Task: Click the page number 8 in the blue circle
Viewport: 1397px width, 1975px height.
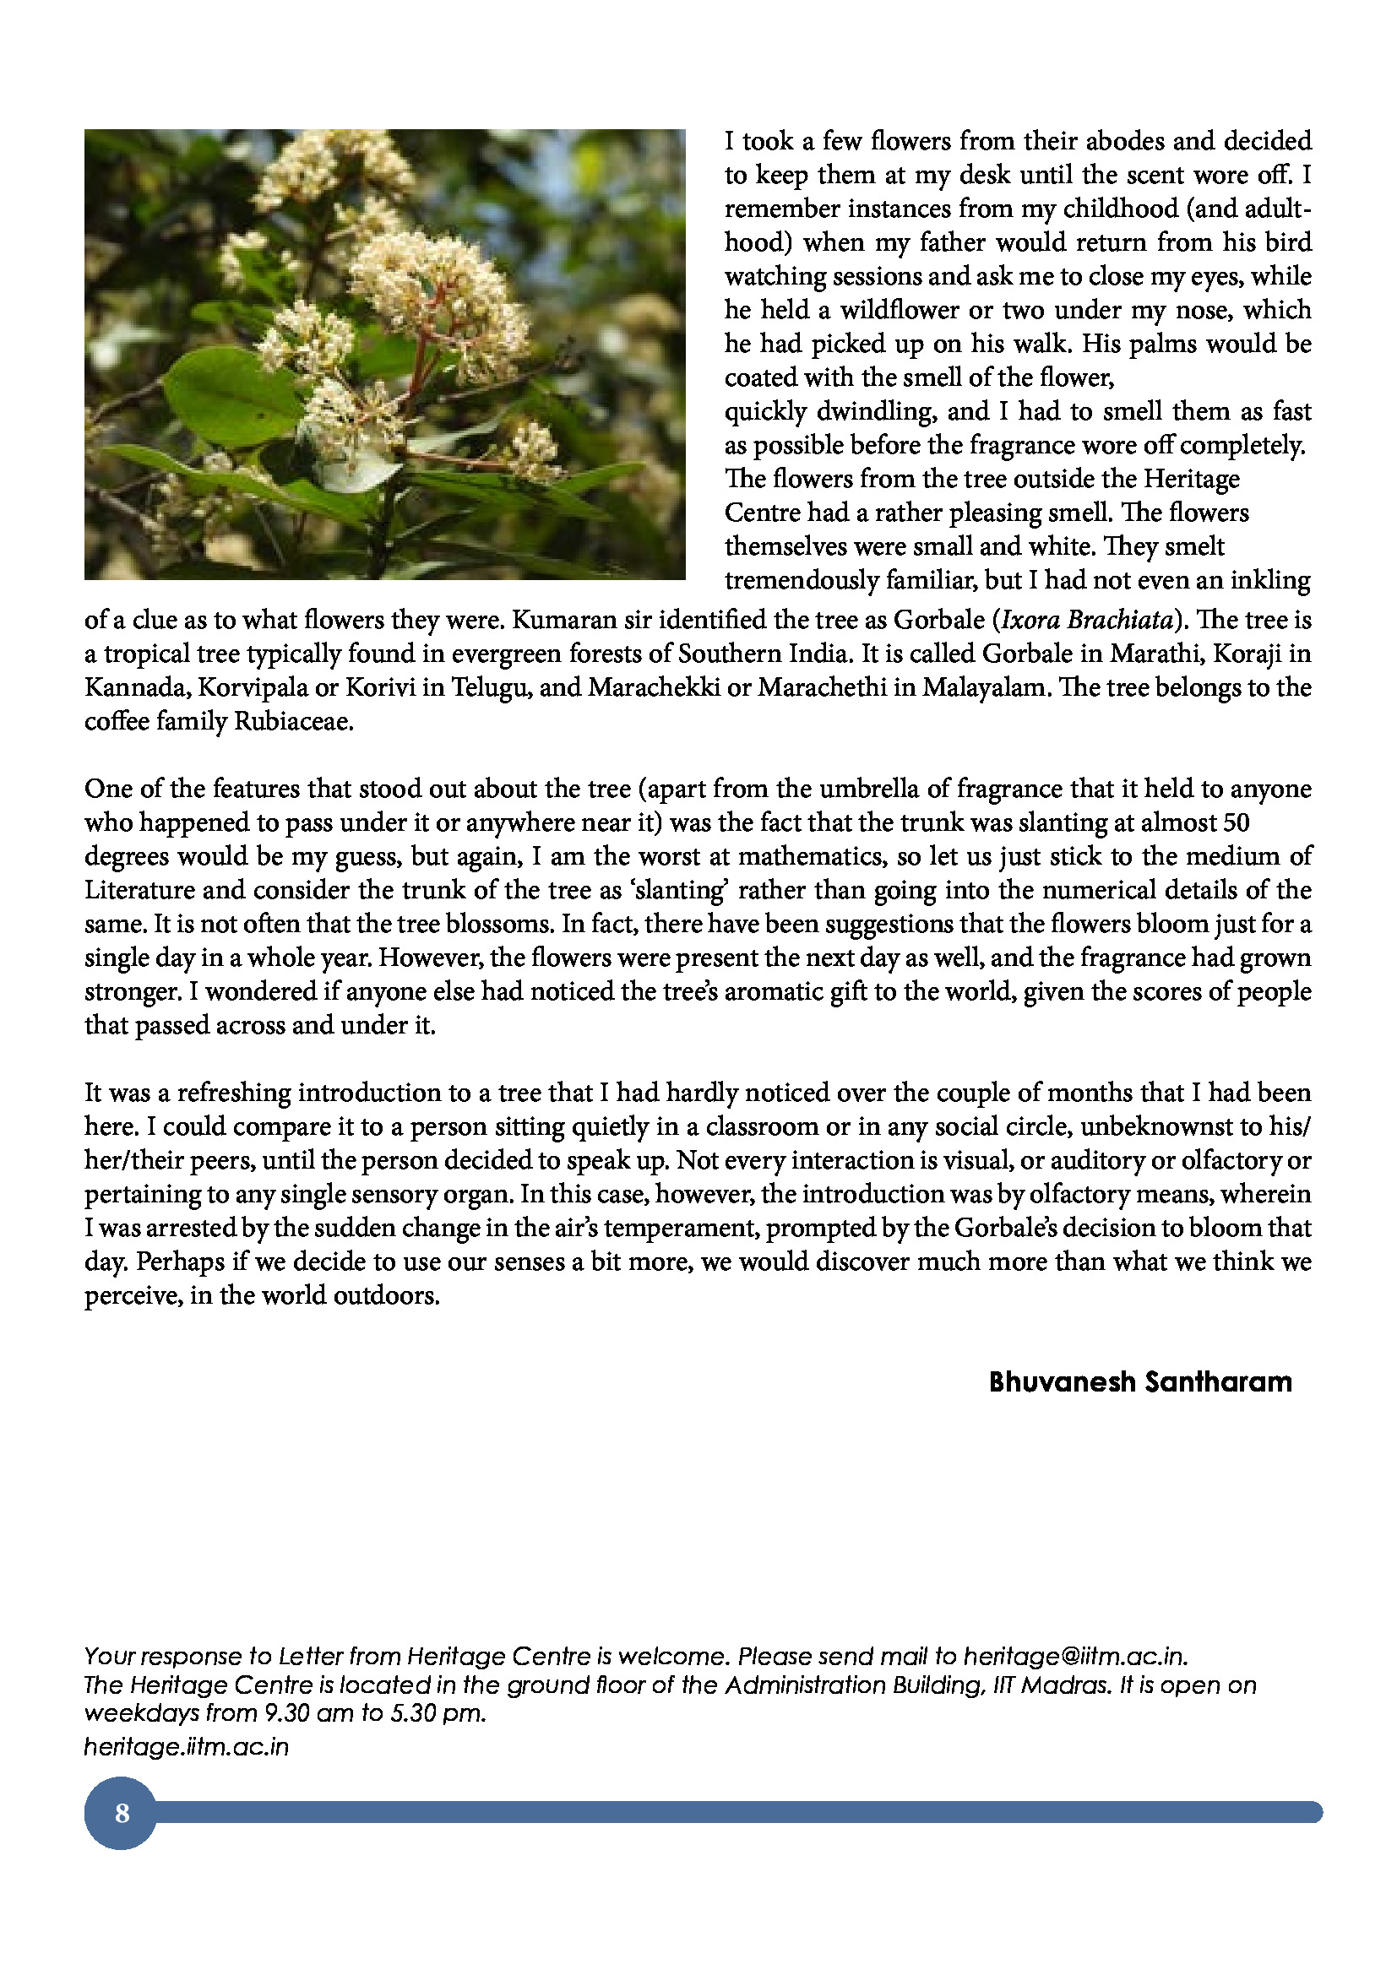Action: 122,1812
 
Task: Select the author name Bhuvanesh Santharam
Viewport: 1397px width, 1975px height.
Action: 1139,1381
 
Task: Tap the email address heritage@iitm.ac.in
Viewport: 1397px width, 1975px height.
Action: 1074,1656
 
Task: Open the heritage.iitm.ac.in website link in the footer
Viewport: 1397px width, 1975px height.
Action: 186,1746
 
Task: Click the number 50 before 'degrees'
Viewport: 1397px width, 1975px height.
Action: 1236,822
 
